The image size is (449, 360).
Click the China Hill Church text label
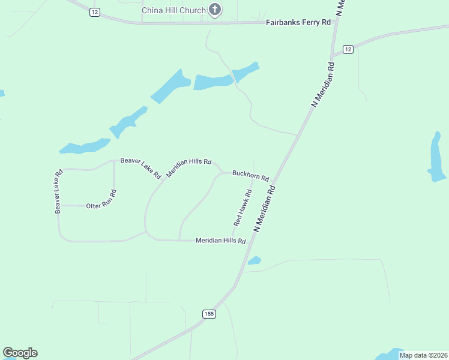click(x=173, y=10)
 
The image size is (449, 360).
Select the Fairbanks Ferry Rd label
click(x=298, y=22)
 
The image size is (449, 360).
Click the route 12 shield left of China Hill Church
click(x=94, y=12)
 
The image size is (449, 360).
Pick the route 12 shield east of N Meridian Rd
click(x=348, y=49)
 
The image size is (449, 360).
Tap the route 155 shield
click(x=209, y=314)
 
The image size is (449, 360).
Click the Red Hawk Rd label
click(x=243, y=208)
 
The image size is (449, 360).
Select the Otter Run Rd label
click(x=101, y=206)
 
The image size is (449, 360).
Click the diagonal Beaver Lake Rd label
click(x=140, y=168)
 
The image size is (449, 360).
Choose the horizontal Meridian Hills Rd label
click(x=221, y=241)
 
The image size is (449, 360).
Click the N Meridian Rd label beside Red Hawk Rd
click(x=265, y=208)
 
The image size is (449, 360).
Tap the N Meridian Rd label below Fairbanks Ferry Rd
click(x=322, y=83)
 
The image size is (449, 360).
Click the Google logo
click(x=20, y=353)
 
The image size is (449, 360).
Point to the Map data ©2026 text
click(x=423, y=355)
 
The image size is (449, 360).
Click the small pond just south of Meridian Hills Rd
click(x=255, y=260)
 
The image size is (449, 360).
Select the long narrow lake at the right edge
click(x=436, y=157)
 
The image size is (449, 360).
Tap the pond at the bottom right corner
click(x=390, y=355)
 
